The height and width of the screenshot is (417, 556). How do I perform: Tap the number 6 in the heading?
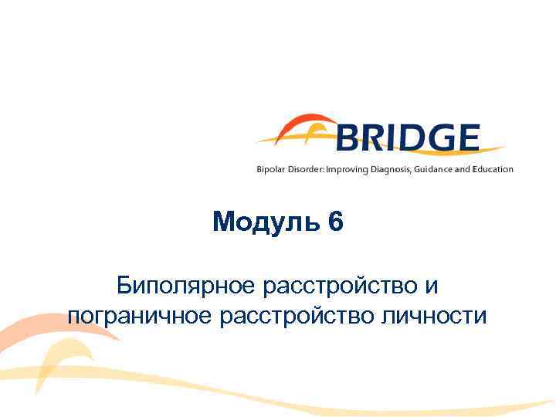click(x=335, y=223)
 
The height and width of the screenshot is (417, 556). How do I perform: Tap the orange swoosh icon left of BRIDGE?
click(x=297, y=131)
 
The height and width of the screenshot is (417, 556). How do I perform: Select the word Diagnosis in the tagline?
click(x=394, y=169)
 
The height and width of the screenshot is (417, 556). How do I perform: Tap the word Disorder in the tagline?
click(x=307, y=169)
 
